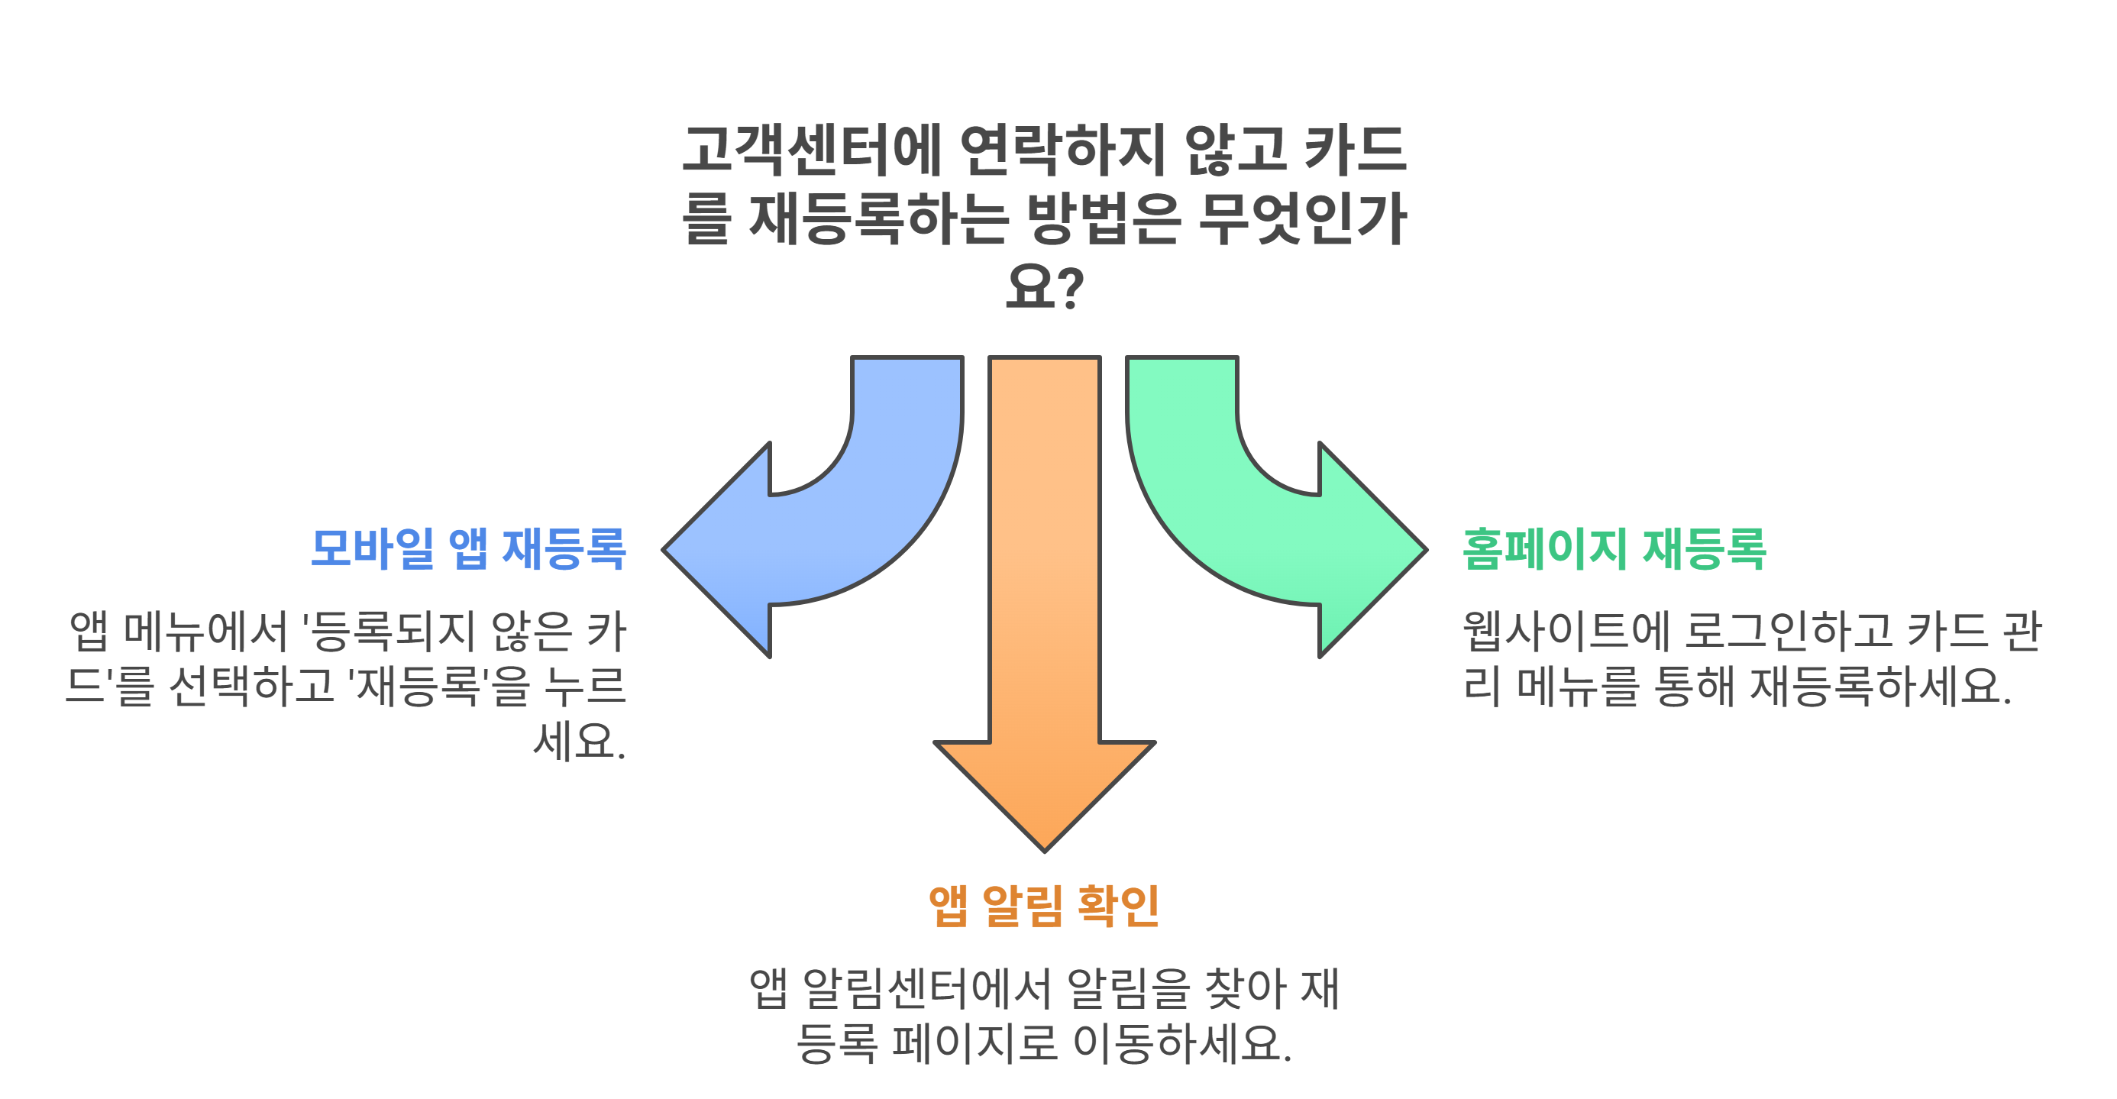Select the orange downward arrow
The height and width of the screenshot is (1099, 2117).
pyautogui.click(x=1045, y=616)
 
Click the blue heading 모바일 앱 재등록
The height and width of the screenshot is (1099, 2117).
pyautogui.click(x=468, y=549)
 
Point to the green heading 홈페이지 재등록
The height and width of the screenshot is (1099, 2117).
pyautogui.click(x=1614, y=549)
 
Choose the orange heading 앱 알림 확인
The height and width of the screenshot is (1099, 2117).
pyautogui.click(x=1044, y=906)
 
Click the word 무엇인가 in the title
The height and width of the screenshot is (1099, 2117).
pyautogui.click(x=1303, y=219)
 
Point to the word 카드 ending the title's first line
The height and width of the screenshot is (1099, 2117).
pyautogui.click(x=1356, y=150)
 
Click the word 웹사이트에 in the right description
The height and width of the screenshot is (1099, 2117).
pyautogui.click(x=1566, y=632)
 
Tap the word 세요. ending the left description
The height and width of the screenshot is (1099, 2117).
pyautogui.click(x=580, y=742)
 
